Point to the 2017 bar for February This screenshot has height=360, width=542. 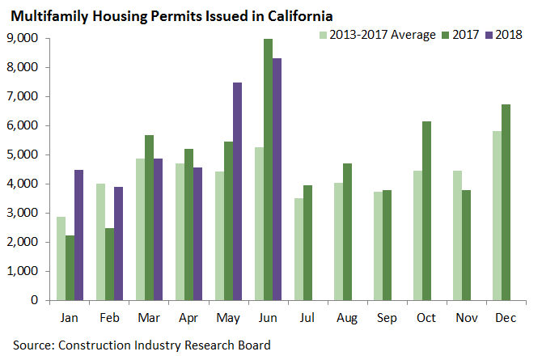pos(109,264)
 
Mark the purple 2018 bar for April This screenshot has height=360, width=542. pos(197,234)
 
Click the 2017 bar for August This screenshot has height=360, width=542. pos(346,231)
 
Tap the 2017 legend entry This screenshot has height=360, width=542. pos(462,34)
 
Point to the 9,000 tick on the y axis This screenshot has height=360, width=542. pos(23,38)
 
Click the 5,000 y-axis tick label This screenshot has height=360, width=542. pos(23,155)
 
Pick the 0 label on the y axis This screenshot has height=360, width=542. pos(33,300)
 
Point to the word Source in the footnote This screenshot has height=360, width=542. pos(32,345)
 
